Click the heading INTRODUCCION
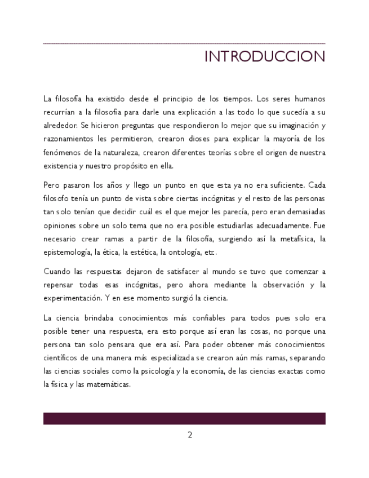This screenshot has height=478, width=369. click(x=264, y=57)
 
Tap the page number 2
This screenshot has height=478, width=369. click(x=190, y=435)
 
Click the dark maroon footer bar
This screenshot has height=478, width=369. click(x=184, y=418)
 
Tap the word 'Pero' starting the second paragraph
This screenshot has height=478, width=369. click(x=52, y=185)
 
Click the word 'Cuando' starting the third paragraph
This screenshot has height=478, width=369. click(x=56, y=271)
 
